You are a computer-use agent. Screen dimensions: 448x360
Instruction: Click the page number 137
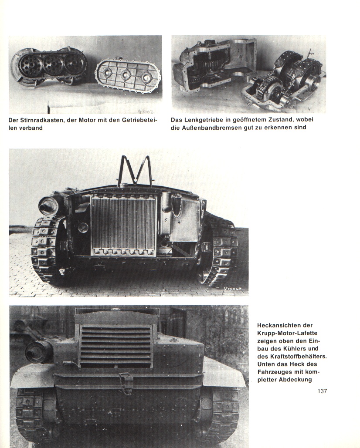pyautogui.click(x=322, y=391)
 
